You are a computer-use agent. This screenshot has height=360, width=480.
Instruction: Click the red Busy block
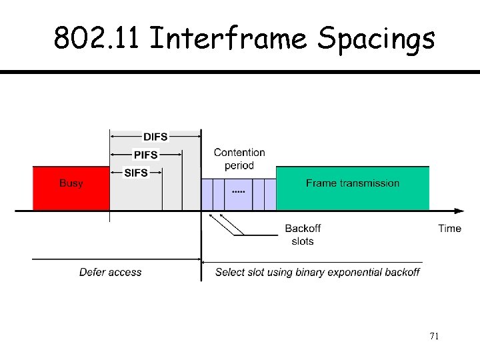click(x=71, y=188)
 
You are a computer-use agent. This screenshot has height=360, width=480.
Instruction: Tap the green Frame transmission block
click(x=353, y=189)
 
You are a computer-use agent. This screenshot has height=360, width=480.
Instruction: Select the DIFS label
click(x=155, y=137)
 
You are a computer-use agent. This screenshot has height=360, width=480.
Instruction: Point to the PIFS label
click(x=146, y=155)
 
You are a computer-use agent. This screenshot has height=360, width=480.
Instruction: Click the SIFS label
click(x=136, y=173)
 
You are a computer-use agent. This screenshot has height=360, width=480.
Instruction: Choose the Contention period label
click(x=239, y=159)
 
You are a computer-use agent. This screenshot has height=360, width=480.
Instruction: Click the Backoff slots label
click(x=303, y=235)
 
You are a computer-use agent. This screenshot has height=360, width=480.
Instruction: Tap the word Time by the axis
click(x=449, y=229)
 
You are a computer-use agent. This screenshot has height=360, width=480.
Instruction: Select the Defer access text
click(x=110, y=272)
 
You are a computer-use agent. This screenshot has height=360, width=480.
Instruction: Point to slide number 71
click(x=434, y=336)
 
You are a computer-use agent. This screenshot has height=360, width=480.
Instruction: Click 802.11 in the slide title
click(x=97, y=39)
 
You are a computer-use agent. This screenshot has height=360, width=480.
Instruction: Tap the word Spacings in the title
click(x=376, y=39)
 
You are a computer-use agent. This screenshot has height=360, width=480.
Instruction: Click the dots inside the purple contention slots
click(x=238, y=192)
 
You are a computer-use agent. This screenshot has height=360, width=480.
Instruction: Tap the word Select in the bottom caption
click(x=230, y=272)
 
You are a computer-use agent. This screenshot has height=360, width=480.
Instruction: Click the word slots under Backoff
click(x=303, y=241)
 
